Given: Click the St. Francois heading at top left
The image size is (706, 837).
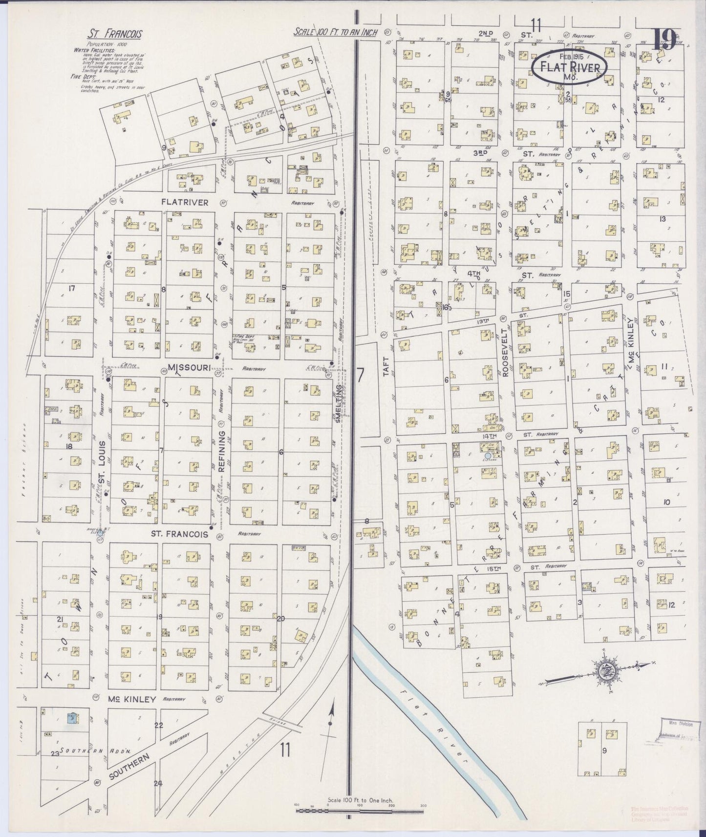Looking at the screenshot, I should pos(115,34).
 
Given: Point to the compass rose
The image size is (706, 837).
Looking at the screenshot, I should pos(607,672).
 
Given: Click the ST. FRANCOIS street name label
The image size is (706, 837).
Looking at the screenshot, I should pos(180,534).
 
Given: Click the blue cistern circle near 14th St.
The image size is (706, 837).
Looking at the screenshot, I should pos(488,456).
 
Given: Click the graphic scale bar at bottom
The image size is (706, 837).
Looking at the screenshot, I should pos(360,811).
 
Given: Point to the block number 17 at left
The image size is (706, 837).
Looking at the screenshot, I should pos(72,288).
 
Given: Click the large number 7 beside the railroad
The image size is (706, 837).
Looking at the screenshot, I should pos(360,375).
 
